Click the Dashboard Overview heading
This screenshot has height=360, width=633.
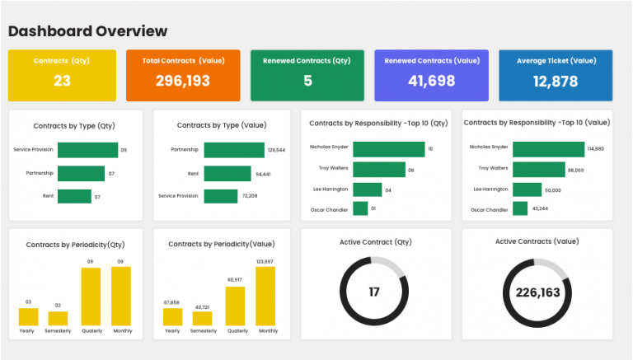pyautogui.click(x=87, y=31)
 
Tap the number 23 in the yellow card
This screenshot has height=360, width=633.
pyautogui.click(x=63, y=81)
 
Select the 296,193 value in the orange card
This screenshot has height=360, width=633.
pyautogui.click(x=183, y=81)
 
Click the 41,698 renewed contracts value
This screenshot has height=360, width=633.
pyautogui.click(x=431, y=81)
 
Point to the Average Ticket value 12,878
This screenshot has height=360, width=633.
pyautogui.click(x=556, y=81)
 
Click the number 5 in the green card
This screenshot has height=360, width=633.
pyautogui.click(x=307, y=81)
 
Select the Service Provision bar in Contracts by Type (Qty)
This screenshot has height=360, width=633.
pyautogui.click(x=87, y=150)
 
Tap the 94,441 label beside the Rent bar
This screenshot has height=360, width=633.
pyautogui.click(x=264, y=174)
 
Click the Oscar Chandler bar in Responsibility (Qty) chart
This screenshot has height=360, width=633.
pyautogui.click(x=360, y=209)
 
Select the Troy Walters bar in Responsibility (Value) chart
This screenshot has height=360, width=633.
pyautogui.click(x=537, y=169)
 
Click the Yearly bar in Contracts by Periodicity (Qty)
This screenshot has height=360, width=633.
pyautogui.click(x=28, y=316)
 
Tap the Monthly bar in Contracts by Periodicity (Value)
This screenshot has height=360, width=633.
pyautogui.click(x=265, y=296)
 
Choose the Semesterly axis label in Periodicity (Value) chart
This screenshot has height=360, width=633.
pyautogui.click(x=203, y=330)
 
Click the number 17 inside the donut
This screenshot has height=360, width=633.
pyautogui.click(x=373, y=292)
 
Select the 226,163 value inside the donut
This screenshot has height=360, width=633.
pyautogui.click(x=537, y=292)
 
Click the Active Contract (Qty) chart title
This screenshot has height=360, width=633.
pyautogui.click(x=376, y=241)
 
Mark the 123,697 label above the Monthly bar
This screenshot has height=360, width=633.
pyautogui.click(x=265, y=261)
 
